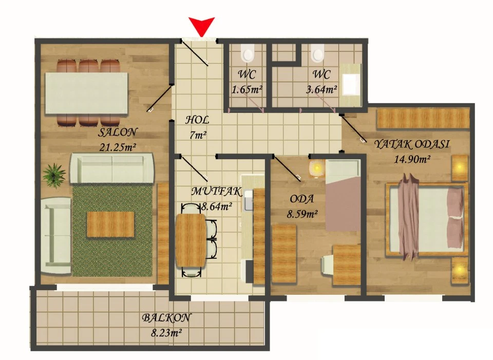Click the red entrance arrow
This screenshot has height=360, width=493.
click(201, 26)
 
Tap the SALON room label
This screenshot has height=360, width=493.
click(118, 132)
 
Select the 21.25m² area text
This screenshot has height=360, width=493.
click(118, 147)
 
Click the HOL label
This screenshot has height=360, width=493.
click(197, 120)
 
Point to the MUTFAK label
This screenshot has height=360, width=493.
click(217, 191)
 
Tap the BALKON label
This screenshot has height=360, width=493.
click(166, 317)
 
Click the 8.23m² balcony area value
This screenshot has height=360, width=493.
click(166, 332)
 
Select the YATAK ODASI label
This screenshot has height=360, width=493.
click(412, 144)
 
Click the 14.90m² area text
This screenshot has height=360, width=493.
click(412, 159)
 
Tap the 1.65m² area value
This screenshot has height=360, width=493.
click(247, 89)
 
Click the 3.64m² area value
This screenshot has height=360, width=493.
click(321, 89)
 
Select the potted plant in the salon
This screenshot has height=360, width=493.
click(54, 175)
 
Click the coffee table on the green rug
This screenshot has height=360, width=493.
click(111, 224)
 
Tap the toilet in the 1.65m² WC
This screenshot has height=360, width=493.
click(248, 52)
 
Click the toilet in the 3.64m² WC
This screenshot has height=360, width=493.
click(317, 52)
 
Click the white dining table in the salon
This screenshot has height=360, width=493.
click(86, 93)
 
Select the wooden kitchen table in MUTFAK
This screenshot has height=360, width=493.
click(190, 240)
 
